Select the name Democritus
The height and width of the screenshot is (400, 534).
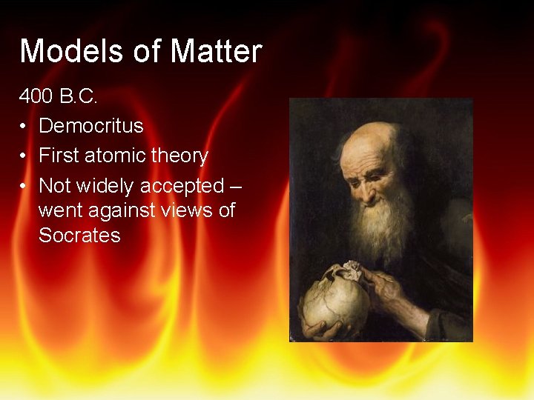[x=90, y=126]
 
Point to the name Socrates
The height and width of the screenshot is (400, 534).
[x=79, y=236]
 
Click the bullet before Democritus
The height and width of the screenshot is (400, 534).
[x=24, y=127]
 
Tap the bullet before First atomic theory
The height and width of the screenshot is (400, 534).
[x=24, y=156]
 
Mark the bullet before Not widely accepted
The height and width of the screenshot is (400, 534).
[x=24, y=186]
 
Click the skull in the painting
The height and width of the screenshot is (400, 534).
[x=334, y=300]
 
